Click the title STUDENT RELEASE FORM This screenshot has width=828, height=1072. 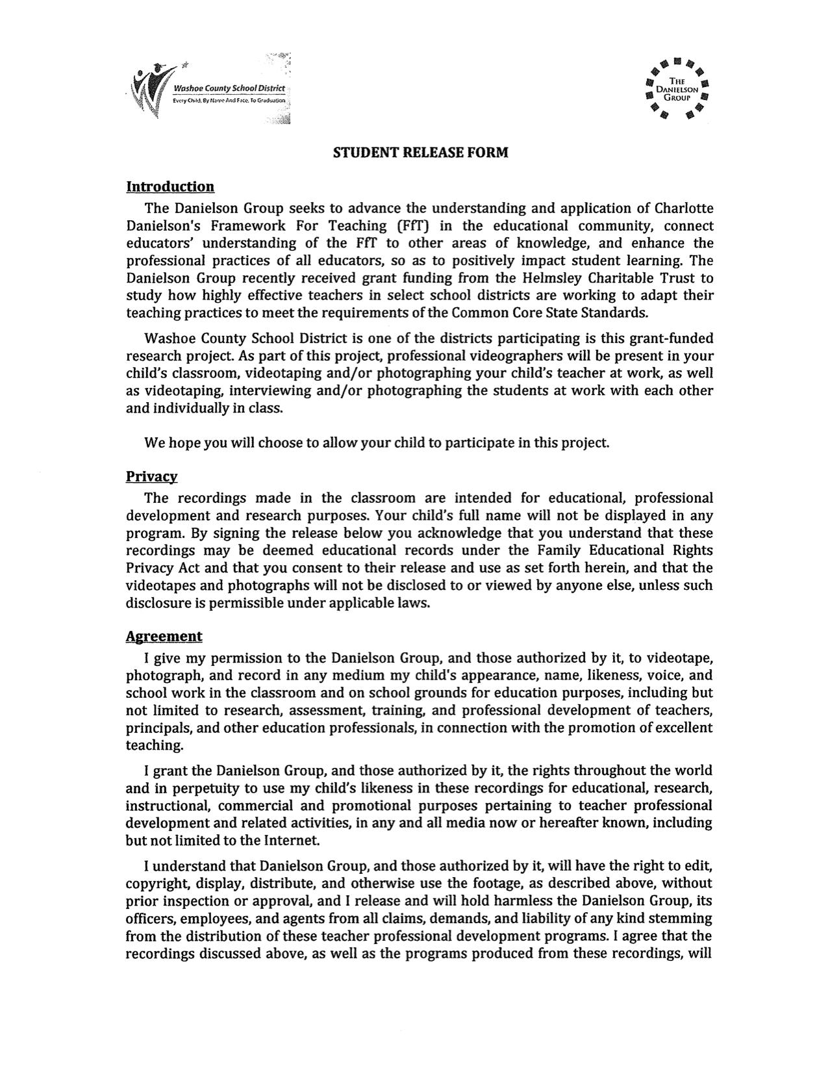[x=420, y=153]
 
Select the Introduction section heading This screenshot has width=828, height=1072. [x=169, y=187]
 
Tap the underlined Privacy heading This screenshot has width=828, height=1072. [x=151, y=477]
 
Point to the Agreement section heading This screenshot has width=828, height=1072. [x=164, y=637]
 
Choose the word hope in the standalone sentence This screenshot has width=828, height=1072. [x=184, y=443]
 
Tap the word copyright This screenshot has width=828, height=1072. [x=157, y=884]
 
